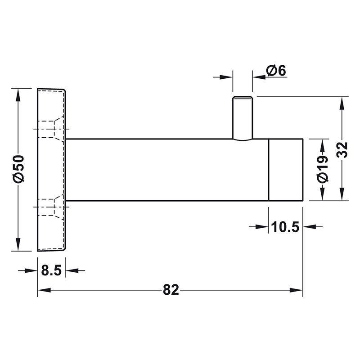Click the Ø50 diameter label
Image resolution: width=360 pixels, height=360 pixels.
18,169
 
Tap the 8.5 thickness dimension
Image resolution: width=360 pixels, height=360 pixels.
51,270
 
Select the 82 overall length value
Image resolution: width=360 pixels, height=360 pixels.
171,290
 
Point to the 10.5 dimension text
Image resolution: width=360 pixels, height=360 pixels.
285,227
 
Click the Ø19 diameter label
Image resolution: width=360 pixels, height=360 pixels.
322,169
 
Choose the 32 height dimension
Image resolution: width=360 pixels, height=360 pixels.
342,150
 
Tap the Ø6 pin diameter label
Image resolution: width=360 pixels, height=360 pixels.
276,71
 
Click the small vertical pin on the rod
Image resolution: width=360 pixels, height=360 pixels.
243,118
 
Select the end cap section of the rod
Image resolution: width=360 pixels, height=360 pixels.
286,170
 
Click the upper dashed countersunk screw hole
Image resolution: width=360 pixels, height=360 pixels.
51,129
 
